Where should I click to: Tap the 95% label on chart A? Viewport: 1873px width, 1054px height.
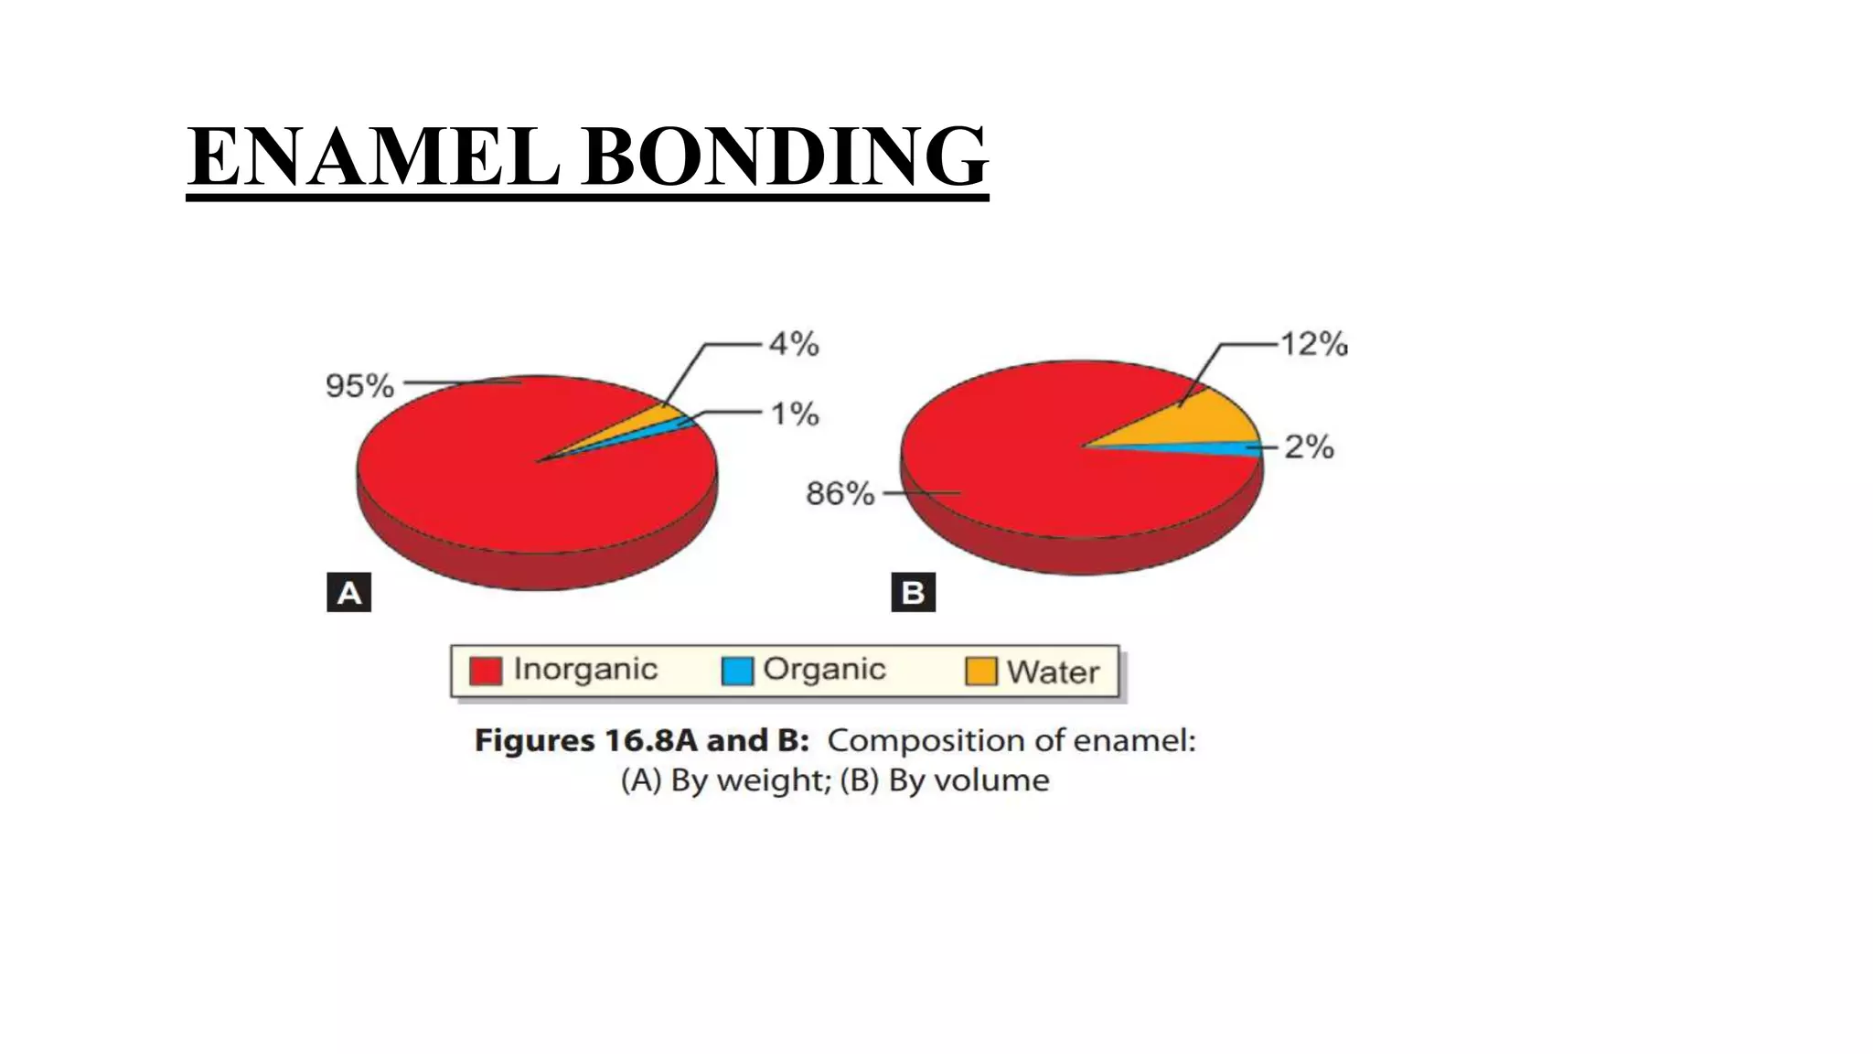(359, 385)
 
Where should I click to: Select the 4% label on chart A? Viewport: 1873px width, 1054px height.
(794, 345)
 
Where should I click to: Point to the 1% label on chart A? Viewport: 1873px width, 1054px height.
(794, 414)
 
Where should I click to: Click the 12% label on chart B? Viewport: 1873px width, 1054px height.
(1313, 345)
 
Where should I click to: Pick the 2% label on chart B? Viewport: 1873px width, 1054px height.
(1309, 447)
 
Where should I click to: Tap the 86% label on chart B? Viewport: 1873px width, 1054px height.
(840, 494)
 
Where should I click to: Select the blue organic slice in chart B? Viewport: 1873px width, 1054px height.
(1225, 448)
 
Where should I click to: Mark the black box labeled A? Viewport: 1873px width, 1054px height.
(348, 592)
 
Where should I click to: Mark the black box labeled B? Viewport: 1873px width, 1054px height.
(913, 592)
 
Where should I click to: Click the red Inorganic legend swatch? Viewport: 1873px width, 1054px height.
(485, 671)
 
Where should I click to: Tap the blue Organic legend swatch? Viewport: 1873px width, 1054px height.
(737, 671)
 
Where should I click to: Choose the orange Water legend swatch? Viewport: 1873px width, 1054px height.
(981, 671)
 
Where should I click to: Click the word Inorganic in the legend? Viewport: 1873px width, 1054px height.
(585, 670)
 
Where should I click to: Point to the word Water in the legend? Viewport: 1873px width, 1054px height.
(1053, 672)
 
